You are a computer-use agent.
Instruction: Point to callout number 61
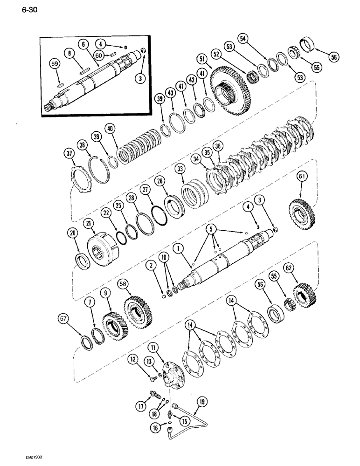click(x=302, y=176)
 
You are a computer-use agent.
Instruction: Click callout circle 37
click(x=69, y=154)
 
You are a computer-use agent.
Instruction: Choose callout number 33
click(x=177, y=168)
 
